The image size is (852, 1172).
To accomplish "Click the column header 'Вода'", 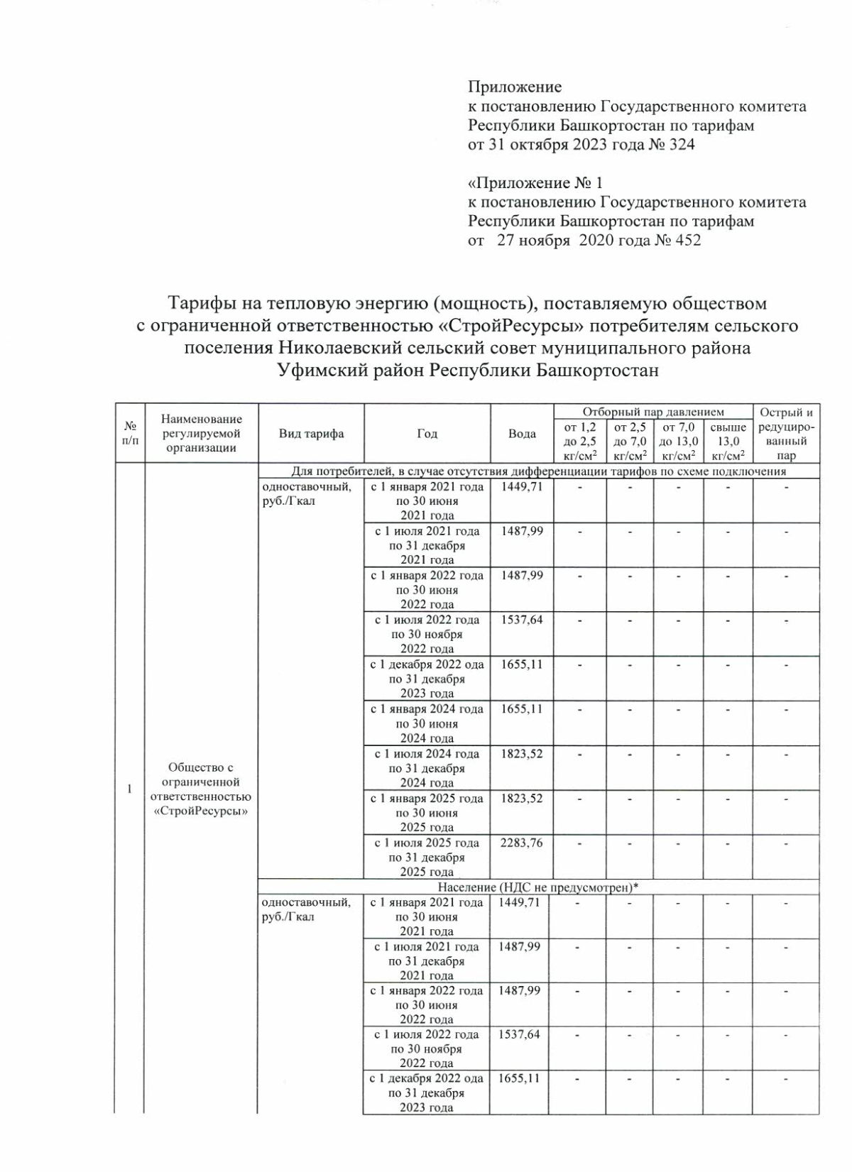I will [x=522, y=434].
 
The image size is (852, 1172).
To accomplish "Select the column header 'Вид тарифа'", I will [x=311, y=434].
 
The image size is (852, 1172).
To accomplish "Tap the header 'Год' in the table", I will [x=427, y=434].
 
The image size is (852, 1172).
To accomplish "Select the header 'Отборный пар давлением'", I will [x=652, y=412].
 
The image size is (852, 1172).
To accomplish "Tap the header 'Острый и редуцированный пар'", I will [x=786, y=434].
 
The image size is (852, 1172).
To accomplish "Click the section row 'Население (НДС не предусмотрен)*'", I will [x=537, y=887].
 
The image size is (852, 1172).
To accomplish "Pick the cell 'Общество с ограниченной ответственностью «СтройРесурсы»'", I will [x=201, y=789].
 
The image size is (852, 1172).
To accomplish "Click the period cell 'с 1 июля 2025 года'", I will [x=427, y=857].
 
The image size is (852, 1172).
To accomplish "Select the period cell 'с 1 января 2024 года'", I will [x=427, y=723].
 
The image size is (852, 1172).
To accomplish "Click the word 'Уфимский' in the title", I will [x=313, y=370].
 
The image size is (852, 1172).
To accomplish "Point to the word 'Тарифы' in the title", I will [x=200, y=304].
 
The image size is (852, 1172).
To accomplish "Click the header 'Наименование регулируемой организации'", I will [x=201, y=434].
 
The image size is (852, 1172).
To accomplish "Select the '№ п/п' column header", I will [x=130, y=434].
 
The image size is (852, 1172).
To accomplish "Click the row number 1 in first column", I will [x=129, y=789].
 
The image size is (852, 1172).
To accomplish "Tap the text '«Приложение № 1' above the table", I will [x=535, y=183].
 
